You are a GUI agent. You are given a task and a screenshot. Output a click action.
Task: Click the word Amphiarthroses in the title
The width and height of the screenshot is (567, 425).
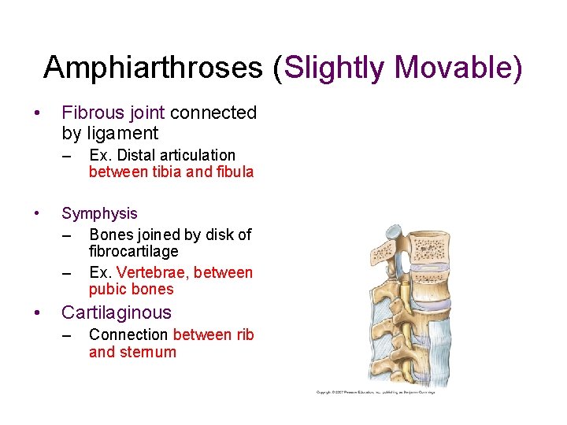pyautogui.click(x=153, y=68)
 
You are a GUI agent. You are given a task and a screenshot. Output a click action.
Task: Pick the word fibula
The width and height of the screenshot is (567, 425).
pyautogui.click(x=235, y=172)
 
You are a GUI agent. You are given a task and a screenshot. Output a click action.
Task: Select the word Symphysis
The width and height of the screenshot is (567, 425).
pyautogui.click(x=99, y=213)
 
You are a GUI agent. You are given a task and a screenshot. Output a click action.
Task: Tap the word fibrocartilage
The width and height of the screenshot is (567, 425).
pyautogui.click(x=134, y=251)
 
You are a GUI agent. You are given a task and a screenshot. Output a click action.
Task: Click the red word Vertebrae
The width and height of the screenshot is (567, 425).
pyautogui.click(x=153, y=272)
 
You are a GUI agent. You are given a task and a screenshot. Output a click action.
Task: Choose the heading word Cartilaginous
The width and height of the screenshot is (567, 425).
pyautogui.click(x=117, y=312)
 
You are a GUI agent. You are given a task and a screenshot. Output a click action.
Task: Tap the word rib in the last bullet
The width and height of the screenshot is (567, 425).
pyautogui.click(x=245, y=334)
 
